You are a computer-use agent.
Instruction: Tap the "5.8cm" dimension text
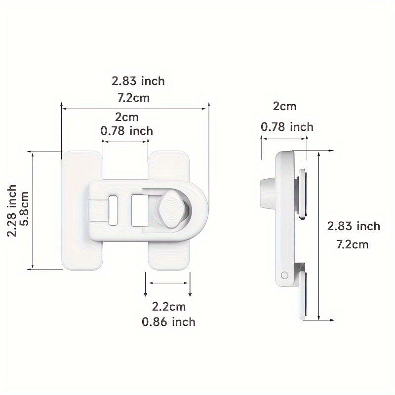[25, 210]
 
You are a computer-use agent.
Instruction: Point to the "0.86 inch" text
[168, 322]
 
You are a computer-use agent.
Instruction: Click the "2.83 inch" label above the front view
[138, 80]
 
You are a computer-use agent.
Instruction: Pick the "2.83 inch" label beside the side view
[354, 226]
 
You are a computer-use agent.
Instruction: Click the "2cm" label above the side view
[285, 107]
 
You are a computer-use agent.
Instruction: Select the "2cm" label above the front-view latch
[126, 118]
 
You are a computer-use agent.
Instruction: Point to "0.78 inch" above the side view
[287, 127]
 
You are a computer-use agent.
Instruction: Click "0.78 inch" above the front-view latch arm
[126, 131]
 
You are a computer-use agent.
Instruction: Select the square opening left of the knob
[139, 209]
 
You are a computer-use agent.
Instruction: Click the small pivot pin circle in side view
[284, 275]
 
